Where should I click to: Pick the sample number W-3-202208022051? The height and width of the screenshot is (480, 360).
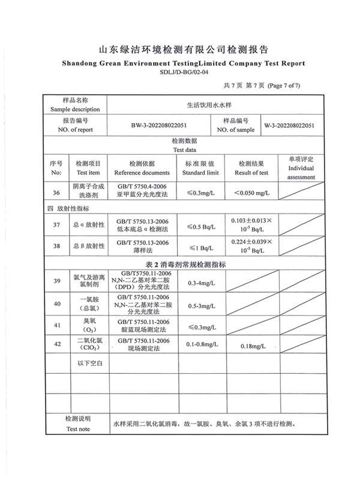click(289, 125)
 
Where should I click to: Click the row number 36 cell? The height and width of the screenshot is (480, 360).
click(56, 193)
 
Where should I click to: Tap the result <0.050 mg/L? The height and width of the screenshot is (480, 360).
click(251, 193)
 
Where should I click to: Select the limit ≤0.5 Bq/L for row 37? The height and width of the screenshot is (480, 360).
click(200, 226)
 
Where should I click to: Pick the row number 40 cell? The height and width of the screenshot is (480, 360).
click(57, 304)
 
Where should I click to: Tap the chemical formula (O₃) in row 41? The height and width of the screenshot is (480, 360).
click(88, 329)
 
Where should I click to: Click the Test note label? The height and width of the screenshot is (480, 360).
click(78, 429)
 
